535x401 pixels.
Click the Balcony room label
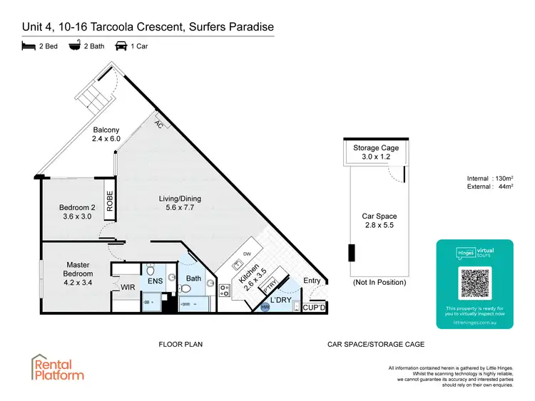click(x=106, y=135)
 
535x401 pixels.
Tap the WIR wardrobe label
click(x=128, y=287)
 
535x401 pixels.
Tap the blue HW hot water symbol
click(x=265, y=307)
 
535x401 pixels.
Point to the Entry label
click(x=312, y=281)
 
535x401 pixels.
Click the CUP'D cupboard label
click(x=314, y=308)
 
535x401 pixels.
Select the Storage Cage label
click(x=376, y=152)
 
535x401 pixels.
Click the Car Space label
click(x=379, y=220)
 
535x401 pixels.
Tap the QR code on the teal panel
click(x=474, y=283)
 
